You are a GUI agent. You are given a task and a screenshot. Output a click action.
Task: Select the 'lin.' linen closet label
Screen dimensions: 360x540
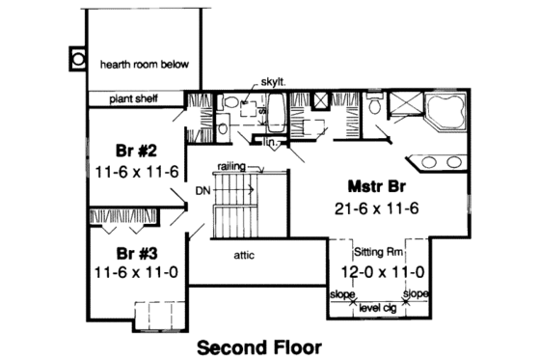click(x=273, y=144)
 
